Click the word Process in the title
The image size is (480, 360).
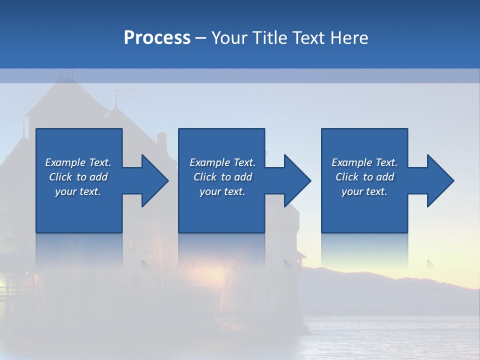coord(157,38)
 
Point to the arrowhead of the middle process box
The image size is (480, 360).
coord(296,180)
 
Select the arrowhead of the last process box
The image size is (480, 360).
coord(439,180)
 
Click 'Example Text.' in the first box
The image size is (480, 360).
coord(78,162)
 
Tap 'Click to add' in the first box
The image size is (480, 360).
coord(78,177)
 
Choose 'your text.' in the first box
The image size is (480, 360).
coord(78,191)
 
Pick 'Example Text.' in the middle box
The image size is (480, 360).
coord(222,162)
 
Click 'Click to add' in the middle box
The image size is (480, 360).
coord(222,177)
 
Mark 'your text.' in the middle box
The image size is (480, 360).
coord(222,191)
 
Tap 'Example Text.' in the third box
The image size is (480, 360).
coord(364,162)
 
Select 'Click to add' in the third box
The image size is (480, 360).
coord(364,177)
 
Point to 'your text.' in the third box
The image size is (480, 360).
coord(364,191)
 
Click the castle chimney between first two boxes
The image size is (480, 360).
coord(162,142)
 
